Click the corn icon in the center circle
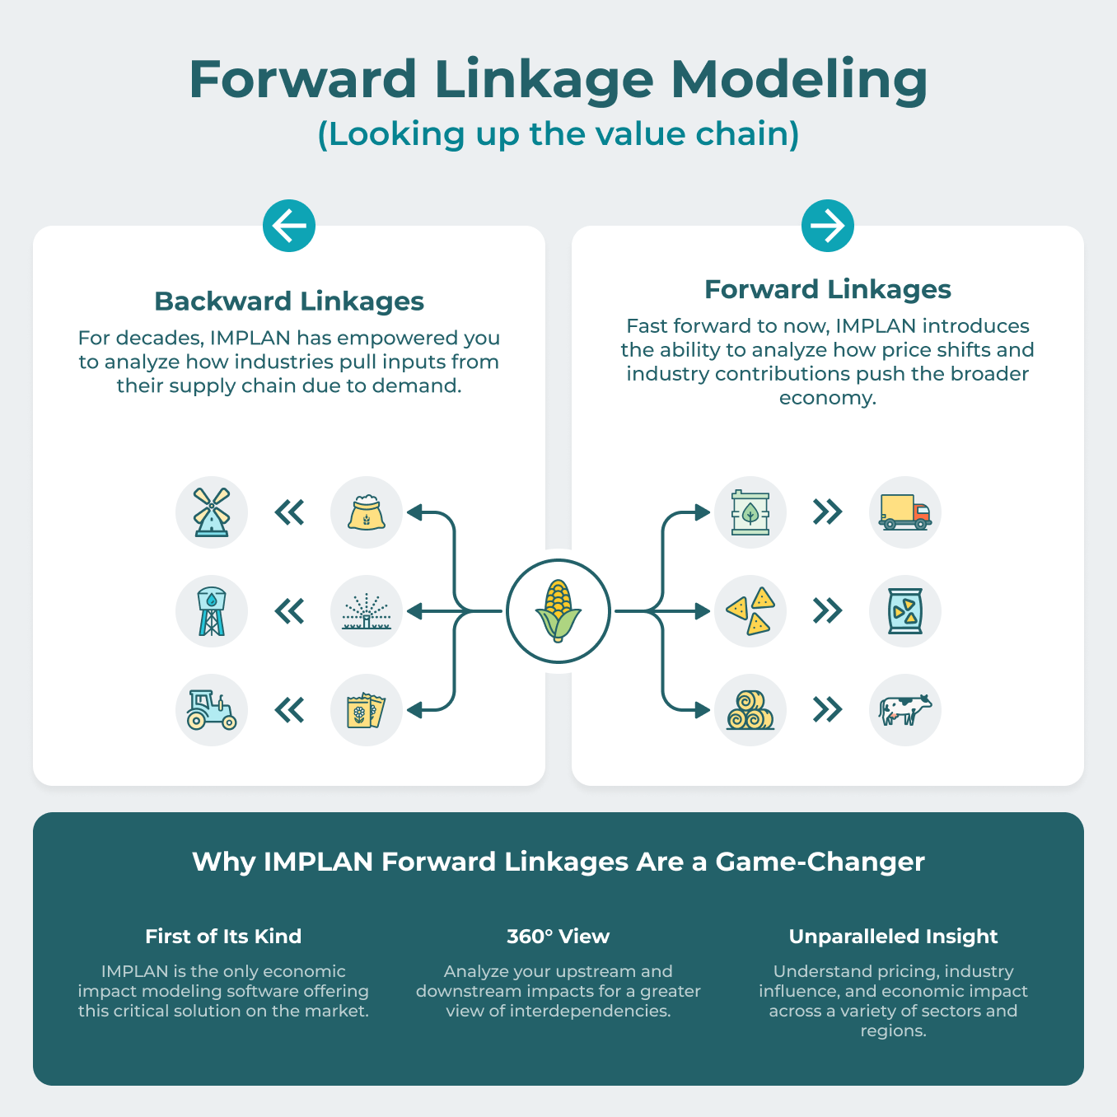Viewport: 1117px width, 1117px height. [558, 611]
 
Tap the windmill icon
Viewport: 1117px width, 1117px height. [212, 512]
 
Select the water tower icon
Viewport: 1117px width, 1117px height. [212, 611]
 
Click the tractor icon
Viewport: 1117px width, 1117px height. [212, 710]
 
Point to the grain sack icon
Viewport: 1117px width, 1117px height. [367, 512]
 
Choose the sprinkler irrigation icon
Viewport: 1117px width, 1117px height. [367, 611]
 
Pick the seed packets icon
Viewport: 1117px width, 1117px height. [367, 710]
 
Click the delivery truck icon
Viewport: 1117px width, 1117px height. [904, 512]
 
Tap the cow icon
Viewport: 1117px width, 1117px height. [904, 710]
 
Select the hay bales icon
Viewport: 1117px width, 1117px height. [750, 710]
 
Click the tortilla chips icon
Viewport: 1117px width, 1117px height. [750, 611]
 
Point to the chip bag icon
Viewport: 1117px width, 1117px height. [904, 611]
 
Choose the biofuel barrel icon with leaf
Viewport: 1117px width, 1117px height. [750, 512]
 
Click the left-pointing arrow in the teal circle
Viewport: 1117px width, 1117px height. [289, 226]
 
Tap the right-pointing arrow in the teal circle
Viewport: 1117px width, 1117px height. [828, 226]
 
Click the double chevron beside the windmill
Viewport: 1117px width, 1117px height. [289, 512]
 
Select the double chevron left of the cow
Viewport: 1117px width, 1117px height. [828, 710]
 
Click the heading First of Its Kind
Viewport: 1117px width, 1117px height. [223, 937]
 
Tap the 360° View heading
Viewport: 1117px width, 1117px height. [558, 937]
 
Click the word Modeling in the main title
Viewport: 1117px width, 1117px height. [799, 80]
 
